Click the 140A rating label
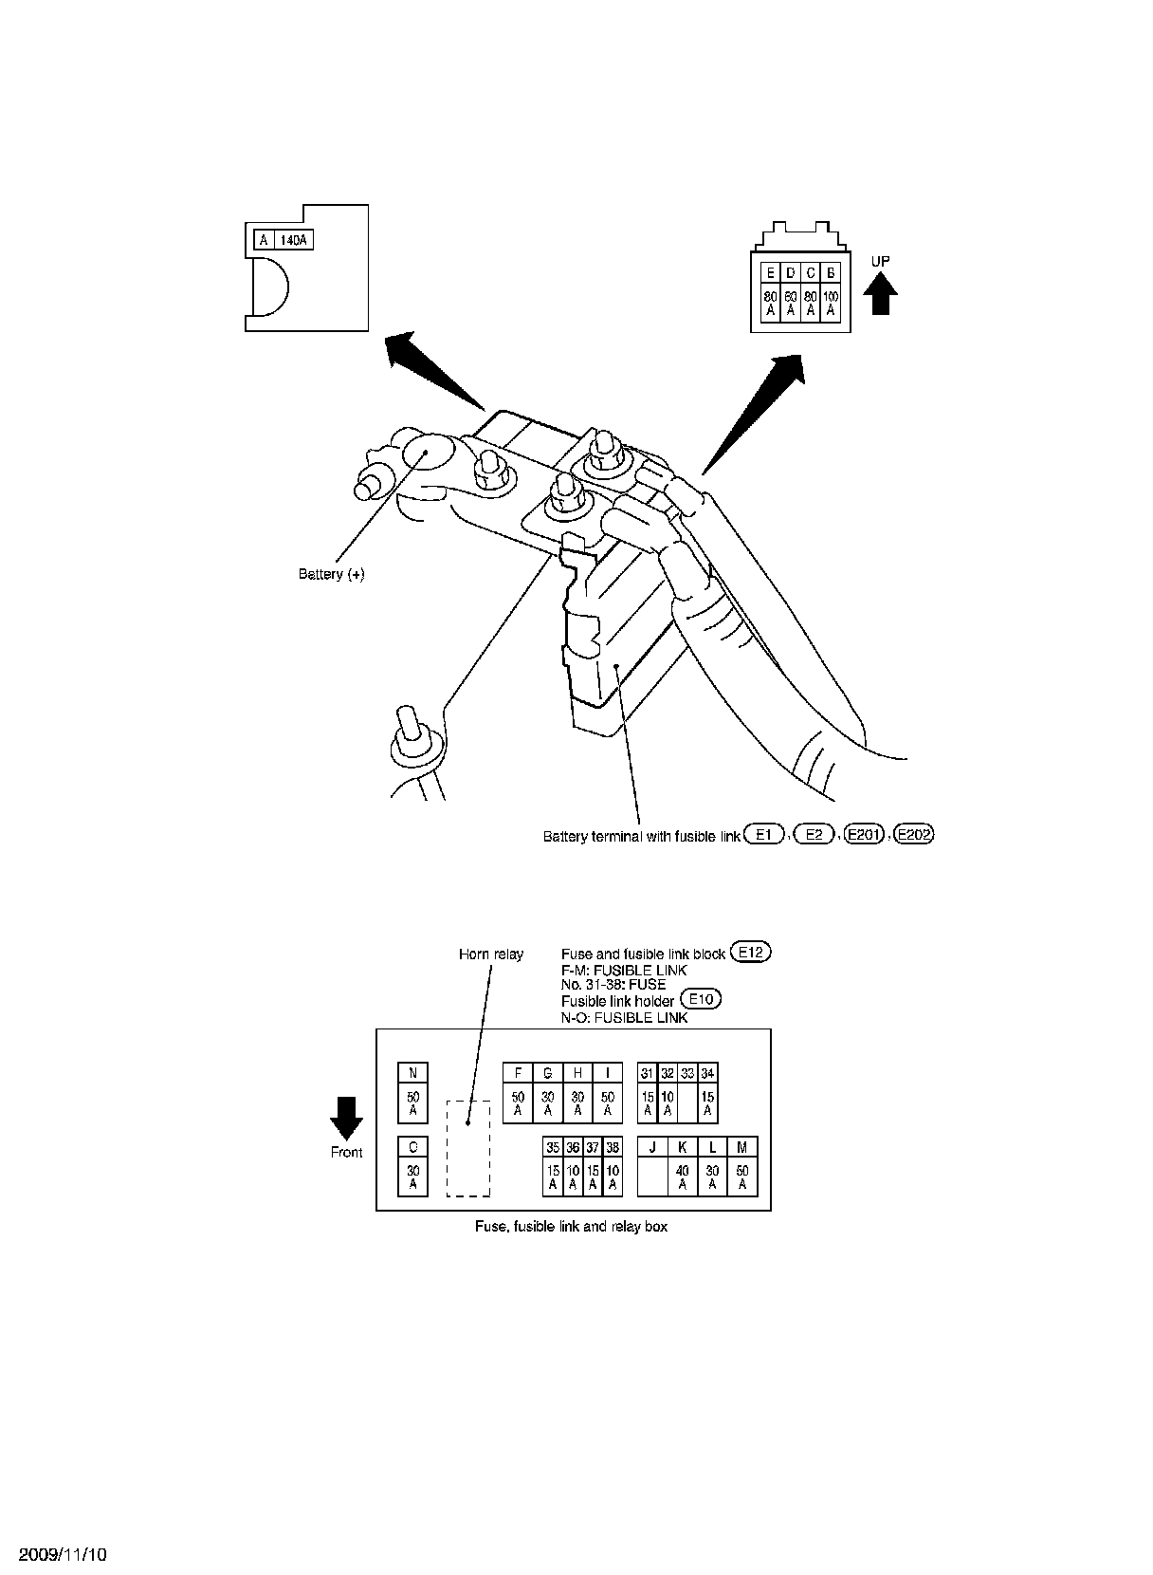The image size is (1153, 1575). pyautogui.click(x=295, y=240)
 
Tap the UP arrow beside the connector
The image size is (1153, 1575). pyautogui.click(x=882, y=293)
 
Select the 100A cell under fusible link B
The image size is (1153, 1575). pyautogui.click(x=832, y=303)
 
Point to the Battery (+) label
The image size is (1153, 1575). pyautogui.click(x=331, y=574)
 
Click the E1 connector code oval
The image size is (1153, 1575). pyautogui.click(x=765, y=835)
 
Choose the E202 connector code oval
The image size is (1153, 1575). pyautogui.click(x=915, y=835)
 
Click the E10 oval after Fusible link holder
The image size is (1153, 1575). pyautogui.click(x=702, y=999)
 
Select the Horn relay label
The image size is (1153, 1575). pyautogui.click(x=491, y=954)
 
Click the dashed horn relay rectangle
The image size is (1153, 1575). pyautogui.click(x=468, y=1149)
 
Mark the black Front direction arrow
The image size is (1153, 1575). pyautogui.click(x=346, y=1118)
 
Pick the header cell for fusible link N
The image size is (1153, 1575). pyautogui.click(x=412, y=1073)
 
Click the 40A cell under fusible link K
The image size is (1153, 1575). pyautogui.click(x=682, y=1177)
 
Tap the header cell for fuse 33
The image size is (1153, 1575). pyautogui.click(x=687, y=1073)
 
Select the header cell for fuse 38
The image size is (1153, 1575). pyautogui.click(x=613, y=1147)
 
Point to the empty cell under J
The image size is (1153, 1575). pyautogui.click(x=652, y=1177)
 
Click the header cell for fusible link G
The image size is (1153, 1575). pyautogui.click(x=548, y=1073)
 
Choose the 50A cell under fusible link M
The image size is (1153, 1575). pyautogui.click(x=742, y=1177)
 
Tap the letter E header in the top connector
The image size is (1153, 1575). pyautogui.click(x=770, y=273)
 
